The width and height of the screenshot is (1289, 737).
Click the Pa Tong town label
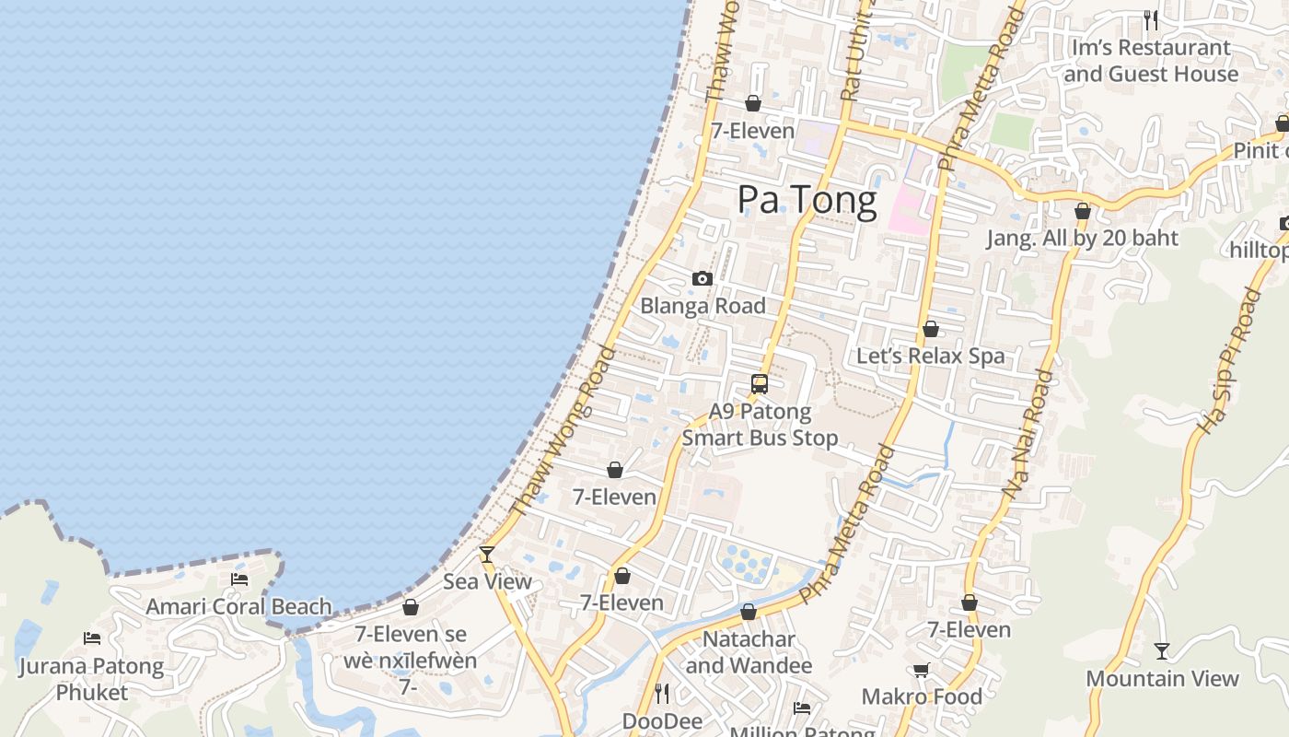pyautogui.click(x=807, y=201)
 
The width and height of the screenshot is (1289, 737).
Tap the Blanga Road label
pyautogui.click(x=703, y=306)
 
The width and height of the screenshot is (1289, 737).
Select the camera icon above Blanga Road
pyautogui.click(x=703, y=278)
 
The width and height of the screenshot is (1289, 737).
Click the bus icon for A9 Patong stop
pyautogui.click(x=760, y=384)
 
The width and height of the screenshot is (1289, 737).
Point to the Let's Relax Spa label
pyautogui.click(x=930, y=356)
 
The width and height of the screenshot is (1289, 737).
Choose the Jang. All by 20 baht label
pyautogui.click(x=1082, y=238)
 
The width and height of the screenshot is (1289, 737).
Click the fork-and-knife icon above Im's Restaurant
pyautogui.click(x=1150, y=19)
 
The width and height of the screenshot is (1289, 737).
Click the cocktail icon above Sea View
pyautogui.click(x=487, y=555)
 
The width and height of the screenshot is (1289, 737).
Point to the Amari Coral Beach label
pyautogui.click(x=238, y=606)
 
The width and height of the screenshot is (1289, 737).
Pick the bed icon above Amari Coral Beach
pyautogui.click(x=239, y=579)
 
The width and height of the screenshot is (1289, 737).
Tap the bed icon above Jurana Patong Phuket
pyautogui.click(x=92, y=638)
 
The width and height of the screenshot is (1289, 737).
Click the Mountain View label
pyautogui.click(x=1162, y=679)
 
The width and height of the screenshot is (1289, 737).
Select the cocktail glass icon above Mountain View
pyautogui.click(x=1162, y=651)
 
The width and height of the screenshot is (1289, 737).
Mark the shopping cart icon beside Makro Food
pyautogui.click(x=921, y=670)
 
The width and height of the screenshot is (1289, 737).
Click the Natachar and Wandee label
pyautogui.click(x=749, y=651)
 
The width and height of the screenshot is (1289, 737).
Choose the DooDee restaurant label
pyautogui.click(x=662, y=720)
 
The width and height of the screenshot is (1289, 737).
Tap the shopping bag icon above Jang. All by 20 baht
pyautogui.click(x=1083, y=212)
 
